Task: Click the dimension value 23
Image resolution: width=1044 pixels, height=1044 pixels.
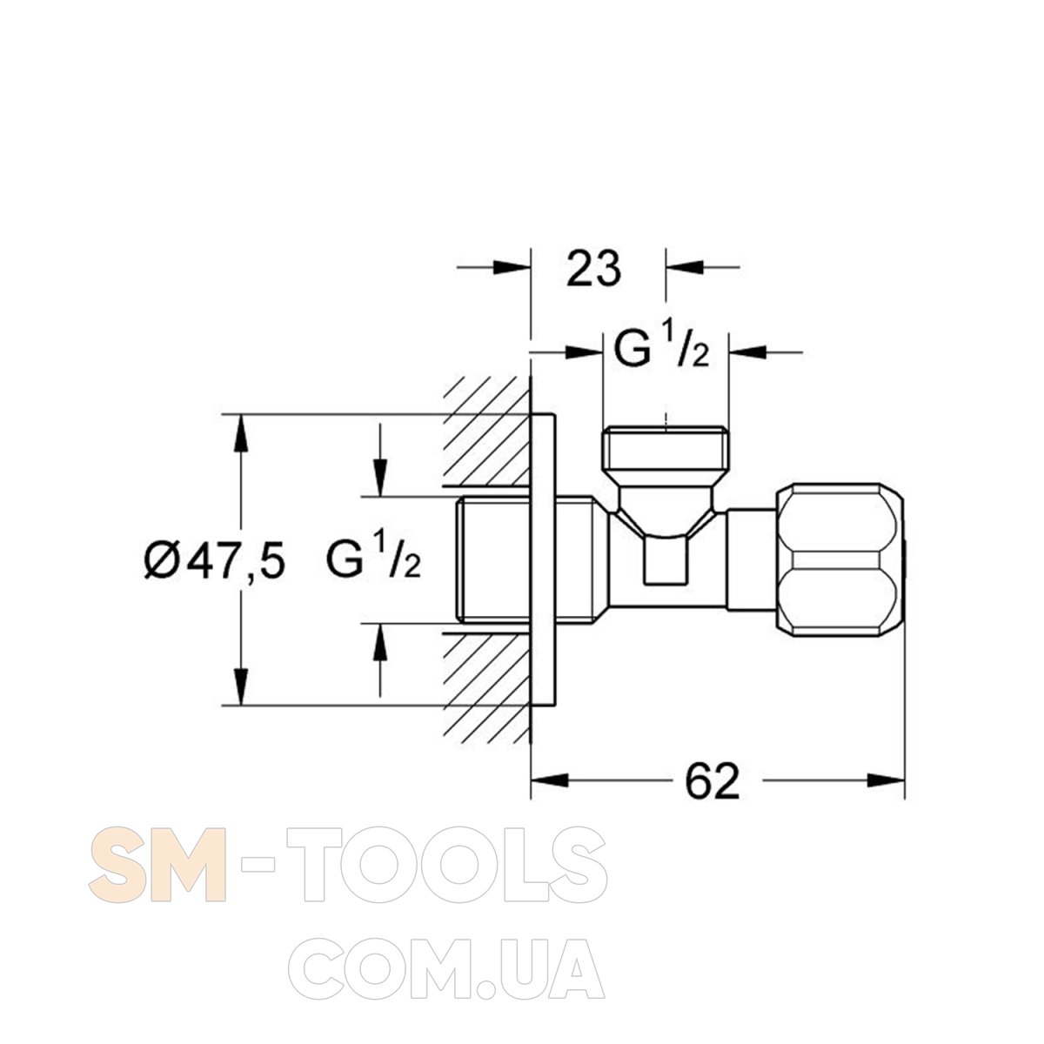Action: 593,269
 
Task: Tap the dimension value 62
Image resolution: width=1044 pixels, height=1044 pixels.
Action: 713,781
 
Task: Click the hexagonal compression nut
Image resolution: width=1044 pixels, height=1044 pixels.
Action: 840,559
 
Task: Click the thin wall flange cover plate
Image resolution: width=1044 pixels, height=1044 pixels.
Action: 544,559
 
